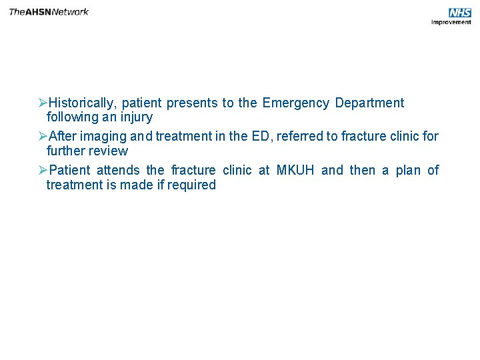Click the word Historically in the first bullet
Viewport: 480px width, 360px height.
pos(81,103)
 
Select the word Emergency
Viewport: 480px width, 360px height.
pos(295,103)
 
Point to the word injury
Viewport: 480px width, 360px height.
pos(136,117)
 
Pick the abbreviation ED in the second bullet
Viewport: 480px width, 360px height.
pos(261,137)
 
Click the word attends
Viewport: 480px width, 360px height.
pos(118,171)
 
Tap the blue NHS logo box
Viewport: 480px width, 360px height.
pos(459,13)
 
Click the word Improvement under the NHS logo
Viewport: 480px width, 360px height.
pos(451,22)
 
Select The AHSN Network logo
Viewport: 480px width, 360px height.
pos(49,11)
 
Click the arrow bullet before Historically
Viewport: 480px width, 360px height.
pos(42,103)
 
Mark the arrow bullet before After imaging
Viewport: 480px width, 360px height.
pos(42,137)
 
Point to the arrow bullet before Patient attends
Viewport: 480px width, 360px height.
pos(42,171)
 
